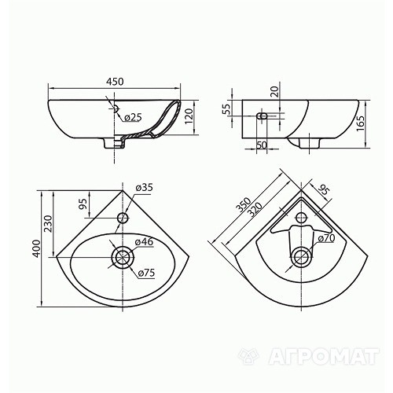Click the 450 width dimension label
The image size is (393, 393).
click(x=115, y=82)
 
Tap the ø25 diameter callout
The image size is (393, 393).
click(x=133, y=118)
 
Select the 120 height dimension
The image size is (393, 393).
click(x=189, y=116)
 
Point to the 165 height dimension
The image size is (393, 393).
click(x=361, y=123)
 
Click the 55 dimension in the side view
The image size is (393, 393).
click(x=226, y=109)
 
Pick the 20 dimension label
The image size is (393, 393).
click(x=274, y=92)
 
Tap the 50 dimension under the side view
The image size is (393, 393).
click(x=262, y=145)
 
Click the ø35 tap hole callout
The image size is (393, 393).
click(x=144, y=188)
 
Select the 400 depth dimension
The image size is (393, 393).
click(x=37, y=248)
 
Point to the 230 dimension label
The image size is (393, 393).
click(x=48, y=224)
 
